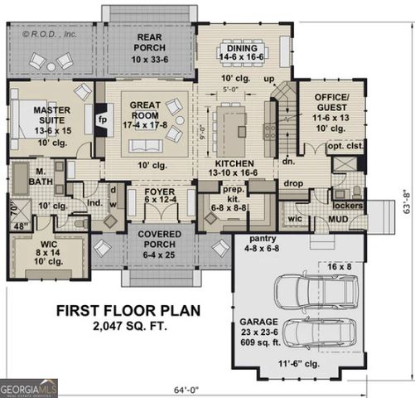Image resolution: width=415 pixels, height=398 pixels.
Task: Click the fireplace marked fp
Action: [x=103, y=119]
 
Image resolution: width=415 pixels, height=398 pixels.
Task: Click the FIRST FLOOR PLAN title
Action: [x=128, y=311]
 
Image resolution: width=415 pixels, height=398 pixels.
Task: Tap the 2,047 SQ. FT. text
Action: [x=128, y=327]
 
